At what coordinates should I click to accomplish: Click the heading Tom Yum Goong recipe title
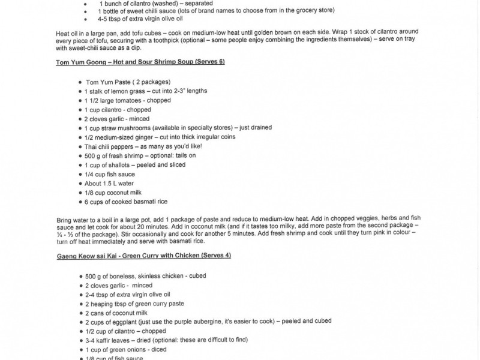tap(140, 63)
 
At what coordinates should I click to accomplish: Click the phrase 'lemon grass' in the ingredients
tap(127, 91)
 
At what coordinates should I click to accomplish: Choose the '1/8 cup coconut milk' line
tap(113, 193)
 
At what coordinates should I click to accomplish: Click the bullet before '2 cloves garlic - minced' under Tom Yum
tap(80, 119)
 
